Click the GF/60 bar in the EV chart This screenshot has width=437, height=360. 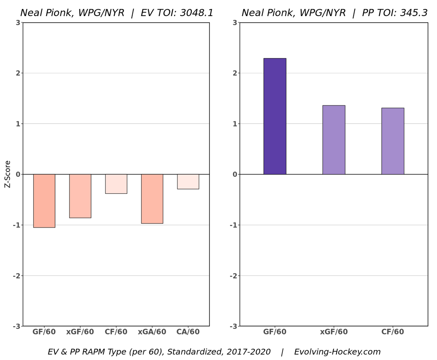click(44, 201)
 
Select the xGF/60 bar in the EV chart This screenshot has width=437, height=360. click(80, 196)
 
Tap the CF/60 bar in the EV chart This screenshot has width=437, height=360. click(116, 184)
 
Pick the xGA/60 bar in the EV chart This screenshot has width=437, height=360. click(152, 199)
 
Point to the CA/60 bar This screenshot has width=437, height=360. click(188, 181)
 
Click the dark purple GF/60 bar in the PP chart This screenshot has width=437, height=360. click(275, 116)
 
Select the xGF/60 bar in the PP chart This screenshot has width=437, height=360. click(334, 140)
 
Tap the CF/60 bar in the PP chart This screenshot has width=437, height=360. click(393, 141)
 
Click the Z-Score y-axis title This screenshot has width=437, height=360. click(8, 174)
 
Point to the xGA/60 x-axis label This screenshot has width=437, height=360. click(152, 332)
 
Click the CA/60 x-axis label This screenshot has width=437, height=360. click(188, 332)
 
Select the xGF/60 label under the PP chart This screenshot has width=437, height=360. click(334, 332)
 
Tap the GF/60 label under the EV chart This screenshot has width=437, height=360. click(44, 332)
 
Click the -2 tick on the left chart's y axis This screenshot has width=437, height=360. click(16, 276)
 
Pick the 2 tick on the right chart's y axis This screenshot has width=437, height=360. click(235, 73)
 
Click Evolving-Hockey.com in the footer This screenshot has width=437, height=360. click(337, 352)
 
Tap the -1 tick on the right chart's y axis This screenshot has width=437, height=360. click(233, 225)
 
